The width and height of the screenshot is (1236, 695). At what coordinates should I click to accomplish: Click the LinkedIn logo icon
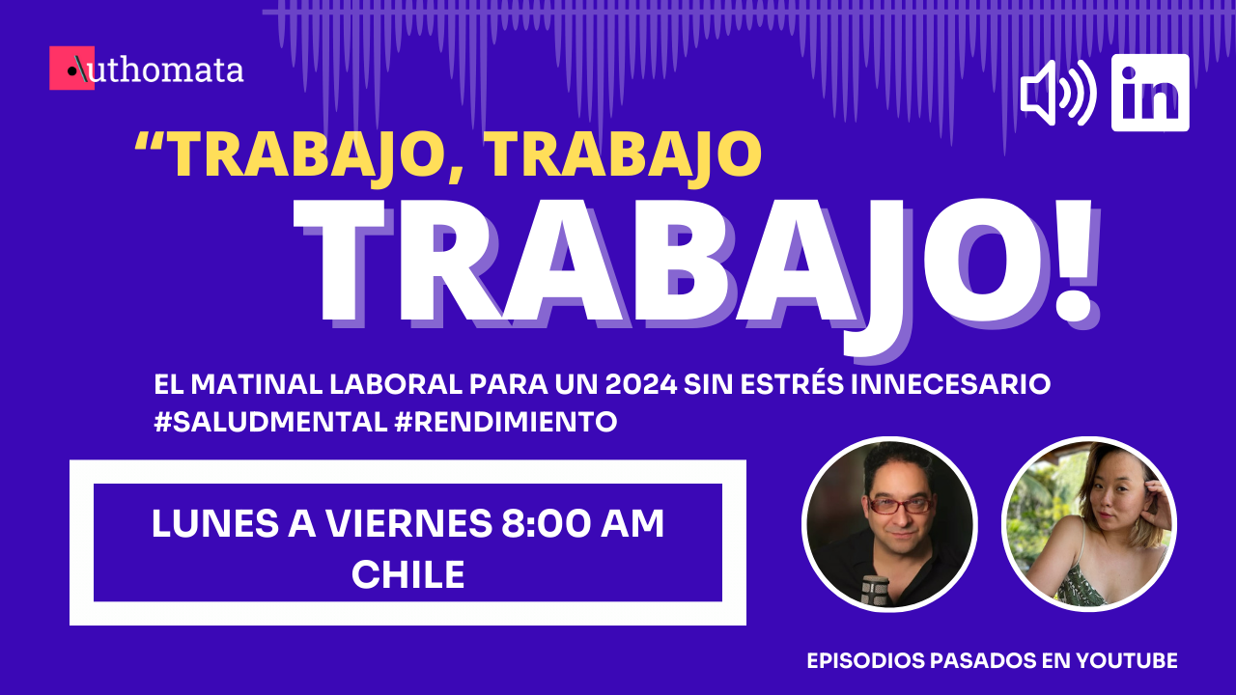click(x=1150, y=93)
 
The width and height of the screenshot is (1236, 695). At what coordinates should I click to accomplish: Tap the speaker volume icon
click(x=1057, y=93)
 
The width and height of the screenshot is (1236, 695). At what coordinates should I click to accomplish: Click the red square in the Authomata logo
click(x=71, y=68)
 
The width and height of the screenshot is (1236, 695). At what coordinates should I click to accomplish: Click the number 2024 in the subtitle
click(x=640, y=384)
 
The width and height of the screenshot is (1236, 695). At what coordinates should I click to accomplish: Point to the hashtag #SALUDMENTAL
click(x=271, y=423)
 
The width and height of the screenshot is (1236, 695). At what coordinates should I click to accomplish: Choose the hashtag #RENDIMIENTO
click(x=506, y=423)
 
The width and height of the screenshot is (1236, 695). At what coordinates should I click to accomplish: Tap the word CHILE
click(x=407, y=574)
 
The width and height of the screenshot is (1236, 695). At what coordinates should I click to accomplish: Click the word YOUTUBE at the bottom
click(x=1127, y=660)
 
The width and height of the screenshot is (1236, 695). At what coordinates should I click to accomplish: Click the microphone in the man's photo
click(x=874, y=589)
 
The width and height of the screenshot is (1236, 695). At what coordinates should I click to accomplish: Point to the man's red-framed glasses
click(x=899, y=505)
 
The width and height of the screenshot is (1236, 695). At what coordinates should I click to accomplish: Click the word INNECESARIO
click(x=950, y=384)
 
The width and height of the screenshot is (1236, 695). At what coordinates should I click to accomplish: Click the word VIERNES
click(x=408, y=523)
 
